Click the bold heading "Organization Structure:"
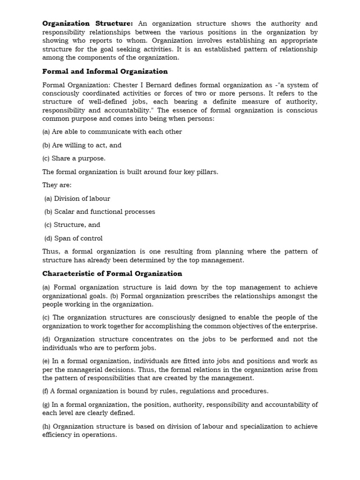(x=88, y=23)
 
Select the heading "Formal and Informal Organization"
(x=105, y=71)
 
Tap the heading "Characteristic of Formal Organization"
(x=112, y=273)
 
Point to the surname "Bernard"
(x=157, y=85)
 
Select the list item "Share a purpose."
(x=78, y=158)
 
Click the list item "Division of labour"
(x=82, y=198)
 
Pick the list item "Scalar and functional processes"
(x=105, y=211)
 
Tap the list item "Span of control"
(x=78, y=238)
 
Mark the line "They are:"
(x=57, y=185)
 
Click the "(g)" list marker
(x=46, y=405)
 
